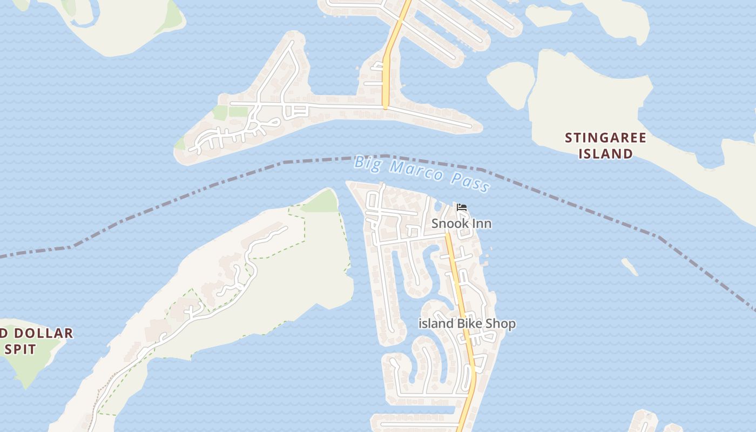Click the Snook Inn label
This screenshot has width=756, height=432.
click(x=461, y=224)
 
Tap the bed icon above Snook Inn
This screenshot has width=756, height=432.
click(x=461, y=207)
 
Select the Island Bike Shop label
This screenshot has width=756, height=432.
click(x=467, y=324)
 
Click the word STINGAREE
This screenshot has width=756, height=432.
click(x=605, y=138)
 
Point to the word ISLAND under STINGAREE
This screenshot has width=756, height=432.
click(x=605, y=154)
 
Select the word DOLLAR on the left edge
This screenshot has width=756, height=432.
click(x=41, y=333)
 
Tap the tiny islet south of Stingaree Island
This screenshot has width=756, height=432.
click(x=630, y=266)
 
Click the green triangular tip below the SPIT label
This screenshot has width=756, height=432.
click(x=25, y=378)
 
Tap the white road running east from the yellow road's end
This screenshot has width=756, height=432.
click(x=432, y=117)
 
